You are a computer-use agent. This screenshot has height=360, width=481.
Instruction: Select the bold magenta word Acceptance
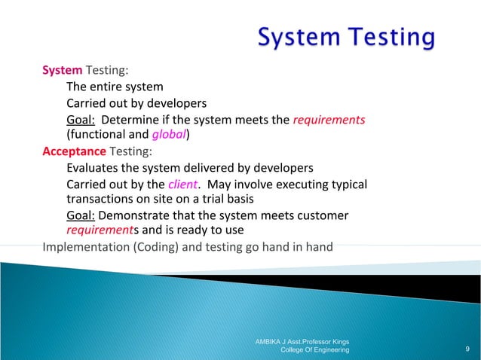click(74, 151)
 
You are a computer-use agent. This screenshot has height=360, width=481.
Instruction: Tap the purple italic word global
click(168, 135)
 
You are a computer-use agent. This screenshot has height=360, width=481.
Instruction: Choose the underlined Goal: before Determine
click(81, 119)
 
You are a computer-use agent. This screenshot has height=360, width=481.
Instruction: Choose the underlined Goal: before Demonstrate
click(81, 215)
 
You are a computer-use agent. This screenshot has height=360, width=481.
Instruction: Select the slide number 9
click(468, 349)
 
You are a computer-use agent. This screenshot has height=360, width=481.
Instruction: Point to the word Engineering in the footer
click(329, 350)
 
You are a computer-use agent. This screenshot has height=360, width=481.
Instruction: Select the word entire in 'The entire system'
click(108, 87)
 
